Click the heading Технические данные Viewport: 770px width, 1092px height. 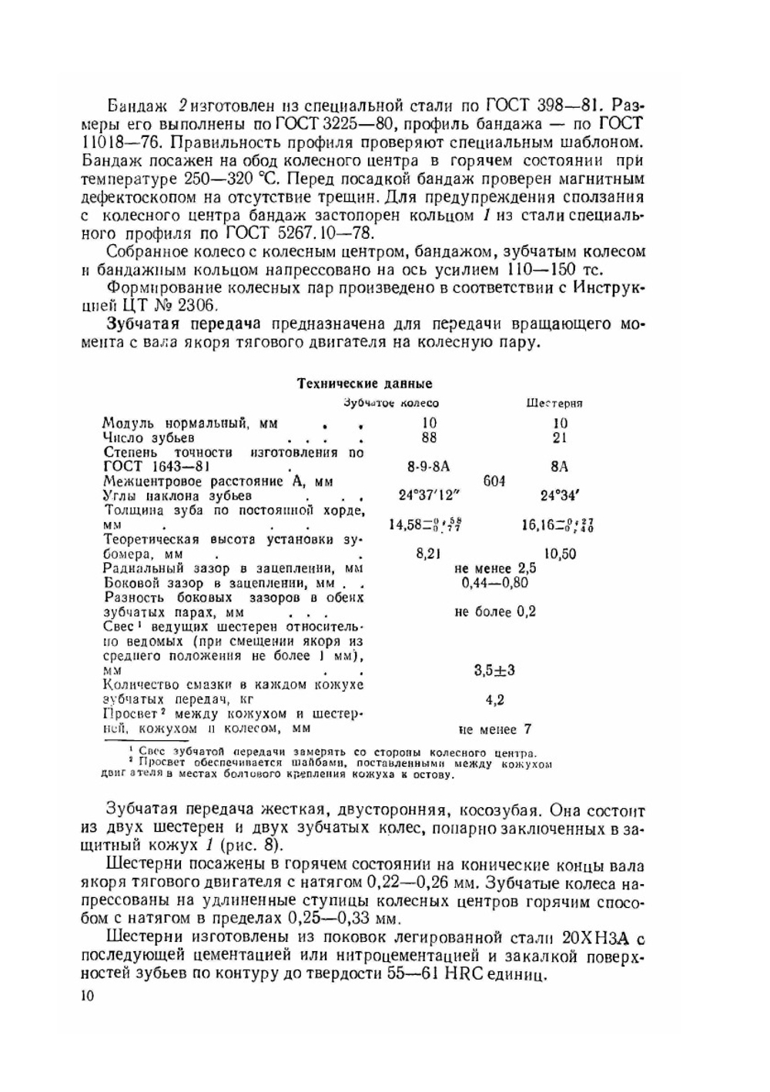[x=364, y=384]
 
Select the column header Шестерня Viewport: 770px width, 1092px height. [x=554, y=403]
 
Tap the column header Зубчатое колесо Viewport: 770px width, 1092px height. [x=390, y=403]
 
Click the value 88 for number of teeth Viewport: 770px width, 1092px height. [x=429, y=437]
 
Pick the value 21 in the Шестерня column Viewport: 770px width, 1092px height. [x=560, y=437]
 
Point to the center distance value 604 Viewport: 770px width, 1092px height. [x=494, y=481]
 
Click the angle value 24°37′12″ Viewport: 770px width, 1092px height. [x=427, y=496]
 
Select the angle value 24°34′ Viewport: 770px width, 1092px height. [x=560, y=496]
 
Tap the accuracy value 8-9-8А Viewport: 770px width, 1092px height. [x=428, y=467]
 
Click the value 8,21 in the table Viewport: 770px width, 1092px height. [x=428, y=554]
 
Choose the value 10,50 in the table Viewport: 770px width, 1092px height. [x=560, y=554]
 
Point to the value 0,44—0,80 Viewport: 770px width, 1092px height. [x=495, y=583]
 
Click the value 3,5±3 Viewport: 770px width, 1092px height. [x=494, y=671]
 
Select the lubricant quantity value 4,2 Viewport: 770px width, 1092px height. [x=494, y=700]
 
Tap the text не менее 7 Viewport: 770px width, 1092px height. [x=494, y=729]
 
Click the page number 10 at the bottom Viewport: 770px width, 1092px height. [x=85, y=997]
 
